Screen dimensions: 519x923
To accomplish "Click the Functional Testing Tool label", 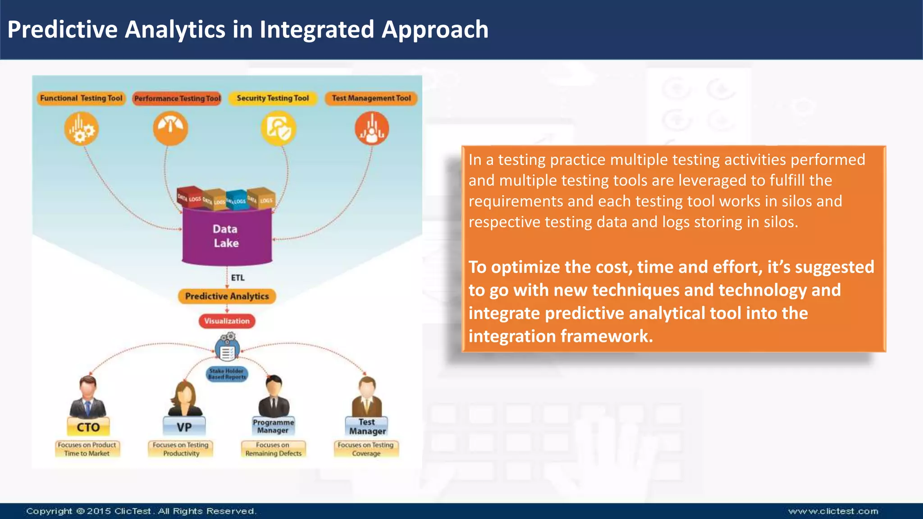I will coord(81,98).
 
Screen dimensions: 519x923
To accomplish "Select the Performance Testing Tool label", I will coord(177,99).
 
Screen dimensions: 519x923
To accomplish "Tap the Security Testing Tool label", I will coord(273,98).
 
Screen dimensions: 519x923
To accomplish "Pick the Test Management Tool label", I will coord(371,98).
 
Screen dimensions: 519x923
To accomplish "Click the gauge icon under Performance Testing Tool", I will coord(170,128).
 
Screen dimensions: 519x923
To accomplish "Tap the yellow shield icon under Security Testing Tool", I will coord(279,129).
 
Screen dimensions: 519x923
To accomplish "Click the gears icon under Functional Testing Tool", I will coord(81,129).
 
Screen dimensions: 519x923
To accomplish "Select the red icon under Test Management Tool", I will coord(372,129).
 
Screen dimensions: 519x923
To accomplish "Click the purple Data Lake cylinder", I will coord(227,237).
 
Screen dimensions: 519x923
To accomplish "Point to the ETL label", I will coord(238,278).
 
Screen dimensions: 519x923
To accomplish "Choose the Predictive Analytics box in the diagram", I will coord(227,296).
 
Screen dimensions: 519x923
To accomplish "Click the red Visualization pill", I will coord(227,321).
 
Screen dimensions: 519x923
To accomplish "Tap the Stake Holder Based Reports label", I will coord(227,374).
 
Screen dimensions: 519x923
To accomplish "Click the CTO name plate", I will coord(88,427).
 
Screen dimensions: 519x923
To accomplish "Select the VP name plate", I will coord(184,427).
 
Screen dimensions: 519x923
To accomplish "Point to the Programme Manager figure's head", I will coord(274,386).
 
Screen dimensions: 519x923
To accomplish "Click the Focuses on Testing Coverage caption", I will coord(366,449).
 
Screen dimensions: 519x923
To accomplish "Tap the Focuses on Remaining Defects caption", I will coord(273,449).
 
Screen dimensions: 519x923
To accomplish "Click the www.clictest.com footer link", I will coord(833,511).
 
